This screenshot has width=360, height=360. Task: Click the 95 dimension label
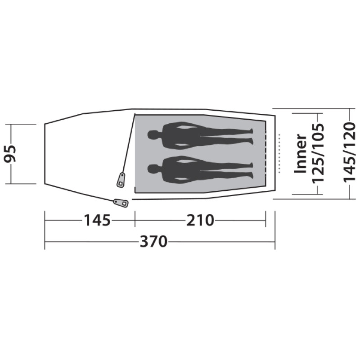click(x=10, y=153)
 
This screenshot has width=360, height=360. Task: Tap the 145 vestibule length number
click(x=97, y=220)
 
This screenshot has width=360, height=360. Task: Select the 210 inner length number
click(x=200, y=220)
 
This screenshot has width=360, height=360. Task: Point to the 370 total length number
click(x=153, y=242)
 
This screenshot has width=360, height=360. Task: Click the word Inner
click(x=301, y=153)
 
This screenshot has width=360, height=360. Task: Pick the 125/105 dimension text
click(x=318, y=153)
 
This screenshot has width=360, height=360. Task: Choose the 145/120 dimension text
click(x=349, y=153)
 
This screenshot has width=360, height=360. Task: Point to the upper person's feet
click(x=251, y=136)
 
